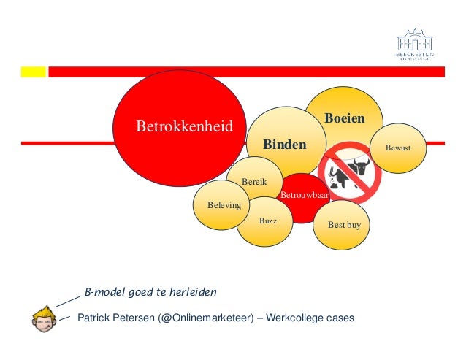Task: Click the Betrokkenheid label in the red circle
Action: pyautogui.click(x=184, y=127)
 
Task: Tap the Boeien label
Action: pyautogui.click(x=344, y=118)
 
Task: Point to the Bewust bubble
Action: pyautogui.click(x=398, y=148)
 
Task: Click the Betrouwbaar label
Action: pyautogui.click(x=305, y=196)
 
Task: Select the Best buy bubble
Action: pyautogui.click(x=344, y=226)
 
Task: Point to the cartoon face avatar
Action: pyautogui.click(x=44, y=318)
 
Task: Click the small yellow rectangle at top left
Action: pyautogui.click(x=33, y=72)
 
